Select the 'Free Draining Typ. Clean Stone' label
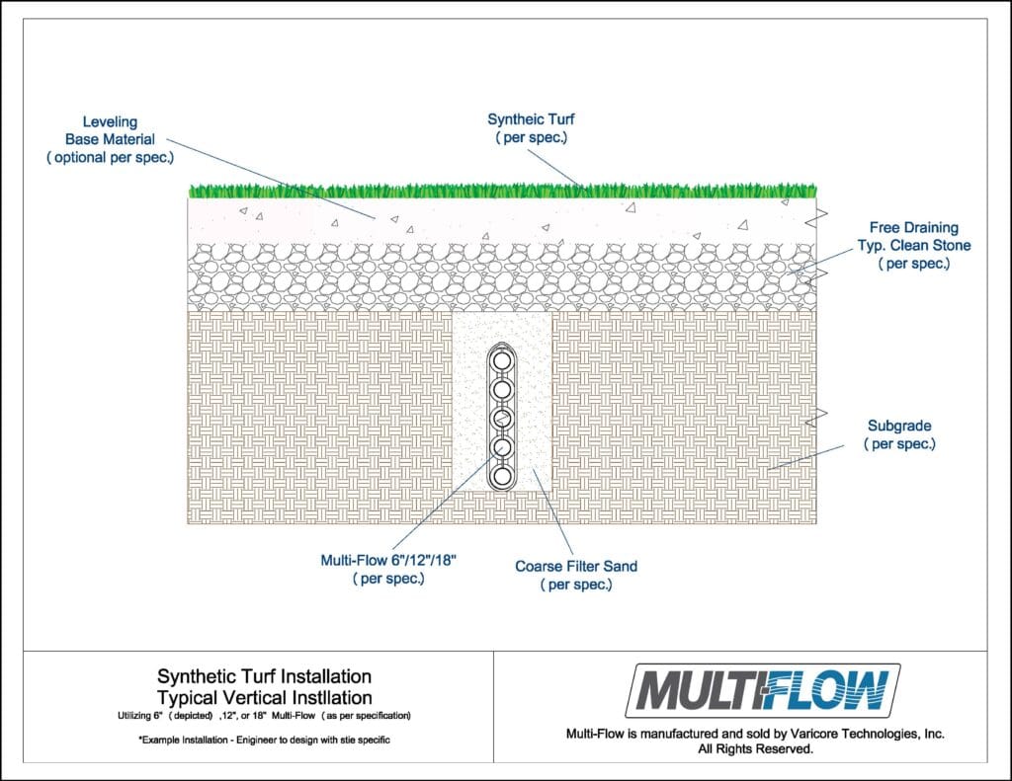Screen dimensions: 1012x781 coord(914,245)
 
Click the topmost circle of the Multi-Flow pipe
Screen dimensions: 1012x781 coord(502,359)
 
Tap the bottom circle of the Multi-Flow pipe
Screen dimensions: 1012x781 coord(502,477)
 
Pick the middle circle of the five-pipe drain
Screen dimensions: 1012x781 coord(502,418)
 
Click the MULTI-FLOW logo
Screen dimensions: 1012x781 coord(763,691)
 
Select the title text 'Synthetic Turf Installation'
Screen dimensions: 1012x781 coord(265,676)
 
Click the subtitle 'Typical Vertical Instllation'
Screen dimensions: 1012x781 coord(265,698)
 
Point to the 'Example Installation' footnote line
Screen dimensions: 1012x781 coord(264,740)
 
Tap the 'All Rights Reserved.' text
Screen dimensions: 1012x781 coord(755,748)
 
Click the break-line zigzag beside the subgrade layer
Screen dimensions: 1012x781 coord(816,418)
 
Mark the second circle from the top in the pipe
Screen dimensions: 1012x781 coord(502,389)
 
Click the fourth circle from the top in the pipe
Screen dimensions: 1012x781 coord(502,447)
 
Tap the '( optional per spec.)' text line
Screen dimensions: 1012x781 coord(110,157)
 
